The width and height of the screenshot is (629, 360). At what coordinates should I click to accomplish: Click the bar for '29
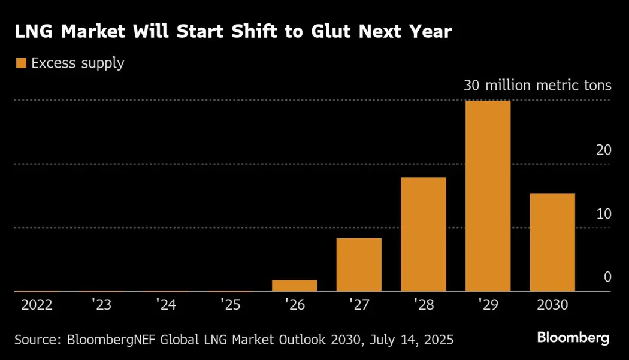tap(488, 196)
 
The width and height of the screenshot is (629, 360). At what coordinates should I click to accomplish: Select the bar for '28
tap(424, 234)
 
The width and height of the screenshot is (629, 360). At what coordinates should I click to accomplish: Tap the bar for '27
tap(359, 265)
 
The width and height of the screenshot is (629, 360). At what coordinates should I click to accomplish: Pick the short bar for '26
tap(295, 285)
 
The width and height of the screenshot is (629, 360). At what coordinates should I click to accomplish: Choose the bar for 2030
tap(552, 242)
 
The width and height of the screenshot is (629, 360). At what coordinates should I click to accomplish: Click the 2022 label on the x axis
tap(37, 305)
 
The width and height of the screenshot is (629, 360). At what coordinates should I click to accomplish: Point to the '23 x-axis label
tap(102, 305)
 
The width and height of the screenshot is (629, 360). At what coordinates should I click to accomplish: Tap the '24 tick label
tap(166, 305)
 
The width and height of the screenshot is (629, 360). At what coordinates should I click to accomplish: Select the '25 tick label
tap(231, 305)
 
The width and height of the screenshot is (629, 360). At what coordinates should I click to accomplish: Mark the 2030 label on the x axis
tap(552, 305)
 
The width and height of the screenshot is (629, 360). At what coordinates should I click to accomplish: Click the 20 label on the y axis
tap(603, 150)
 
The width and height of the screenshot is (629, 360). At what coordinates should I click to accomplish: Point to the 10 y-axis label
tap(603, 214)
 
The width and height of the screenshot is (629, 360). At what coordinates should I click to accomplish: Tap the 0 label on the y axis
tap(607, 277)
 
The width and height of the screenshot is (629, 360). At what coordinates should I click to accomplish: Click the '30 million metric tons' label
tap(537, 86)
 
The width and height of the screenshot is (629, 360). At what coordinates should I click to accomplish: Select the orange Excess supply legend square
tap(21, 63)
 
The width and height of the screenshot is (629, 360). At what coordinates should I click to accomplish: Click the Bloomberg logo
tap(573, 338)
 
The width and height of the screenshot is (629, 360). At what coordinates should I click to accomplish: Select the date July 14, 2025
tap(407, 340)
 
